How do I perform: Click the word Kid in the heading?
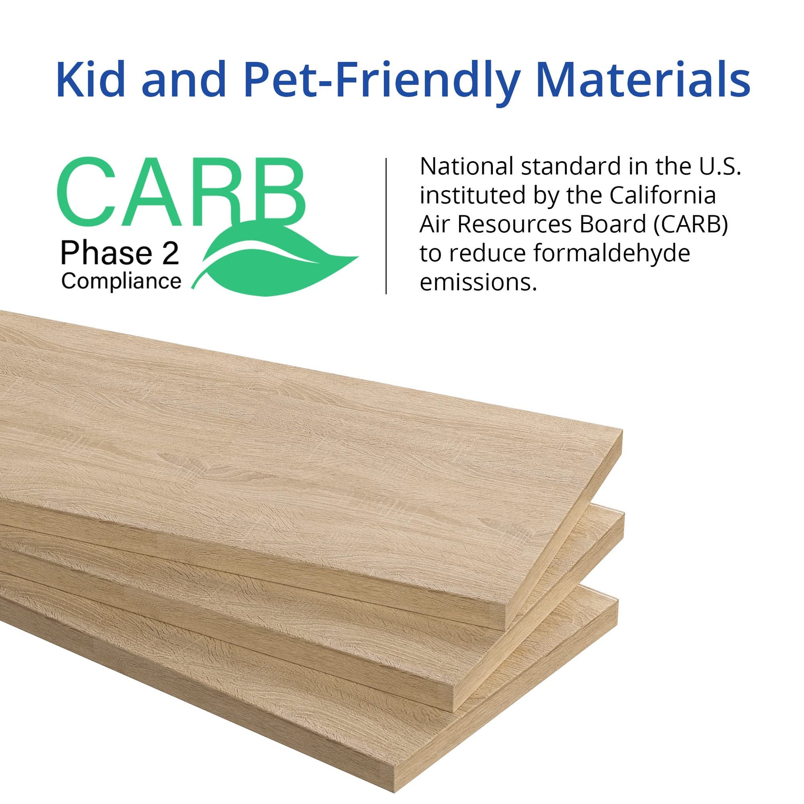pyautogui.click(x=91, y=79)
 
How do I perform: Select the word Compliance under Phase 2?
pyautogui.click(x=121, y=282)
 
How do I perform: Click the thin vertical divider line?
pyautogui.click(x=387, y=226)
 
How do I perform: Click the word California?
pyautogui.click(x=663, y=195)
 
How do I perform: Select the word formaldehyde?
pyautogui.click(x=611, y=254)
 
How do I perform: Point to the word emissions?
pyautogui.click(x=478, y=283)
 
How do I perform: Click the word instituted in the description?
pyautogui.click(x=472, y=195)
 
